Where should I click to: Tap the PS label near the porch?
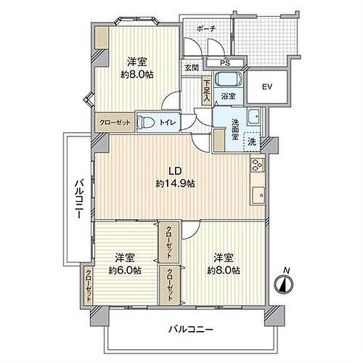pos(215,62)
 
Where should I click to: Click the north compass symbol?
pos(286,283)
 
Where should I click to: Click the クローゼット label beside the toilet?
pos(113,123)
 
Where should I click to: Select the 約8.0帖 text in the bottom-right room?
pos(224,270)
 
